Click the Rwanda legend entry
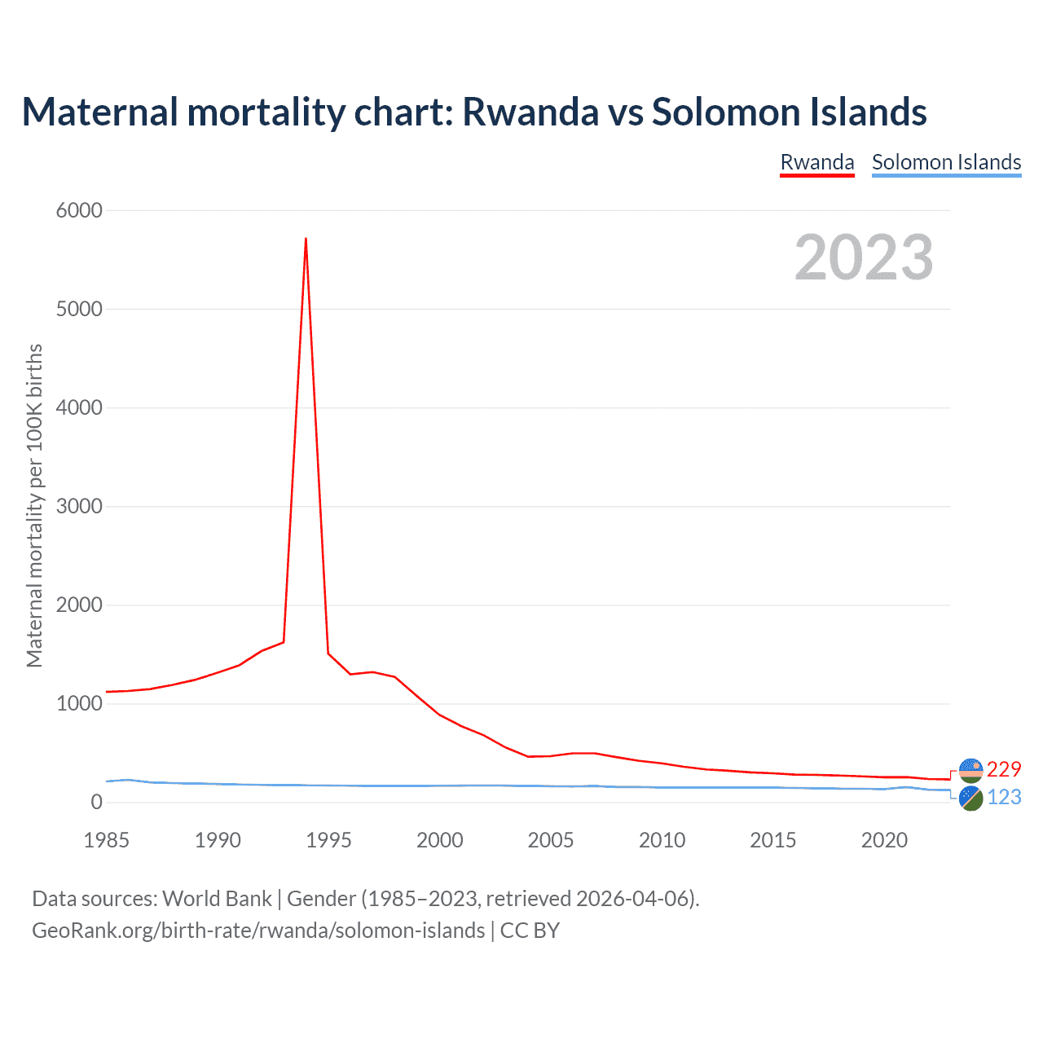pyautogui.click(x=816, y=162)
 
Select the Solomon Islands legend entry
pyautogui.click(x=946, y=162)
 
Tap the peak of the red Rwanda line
pyautogui.click(x=306, y=239)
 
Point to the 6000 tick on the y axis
pyautogui.click(x=79, y=210)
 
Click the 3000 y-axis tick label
pyautogui.click(x=79, y=506)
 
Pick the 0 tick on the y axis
pyautogui.click(x=97, y=802)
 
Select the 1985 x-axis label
pyautogui.click(x=106, y=840)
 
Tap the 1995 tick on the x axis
pyautogui.click(x=328, y=840)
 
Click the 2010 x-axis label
pyautogui.click(x=662, y=840)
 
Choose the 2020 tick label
pyautogui.click(x=884, y=840)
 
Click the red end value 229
pyautogui.click(x=1004, y=769)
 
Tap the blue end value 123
pyautogui.click(x=1004, y=797)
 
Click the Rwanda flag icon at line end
pyautogui.click(x=970, y=770)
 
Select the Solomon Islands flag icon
pyautogui.click(x=970, y=799)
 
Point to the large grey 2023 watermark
pyautogui.click(x=864, y=257)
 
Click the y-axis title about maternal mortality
pyautogui.click(x=34, y=505)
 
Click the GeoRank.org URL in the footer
pyautogui.click(x=258, y=931)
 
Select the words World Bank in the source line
pyautogui.click(x=217, y=899)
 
